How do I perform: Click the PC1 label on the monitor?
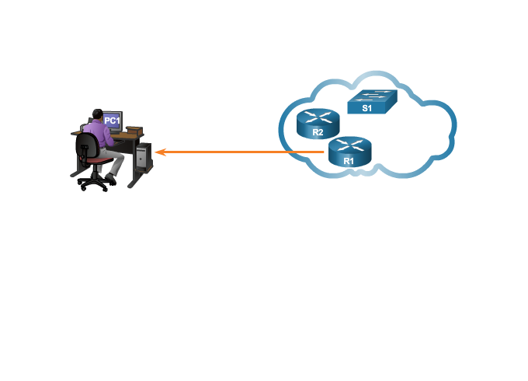tap(113, 121)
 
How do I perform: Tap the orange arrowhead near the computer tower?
tap(158, 152)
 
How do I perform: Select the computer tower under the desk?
tap(142, 156)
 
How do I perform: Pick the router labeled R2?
tap(318, 124)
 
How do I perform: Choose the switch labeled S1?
tap(371, 102)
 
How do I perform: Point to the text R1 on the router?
tap(349, 160)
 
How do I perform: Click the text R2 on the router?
tap(317, 133)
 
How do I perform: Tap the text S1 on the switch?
tap(366, 109)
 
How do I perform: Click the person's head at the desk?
tap(97, 114)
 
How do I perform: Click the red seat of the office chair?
tap(99, 161)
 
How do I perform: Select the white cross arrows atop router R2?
tap(318, 117)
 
